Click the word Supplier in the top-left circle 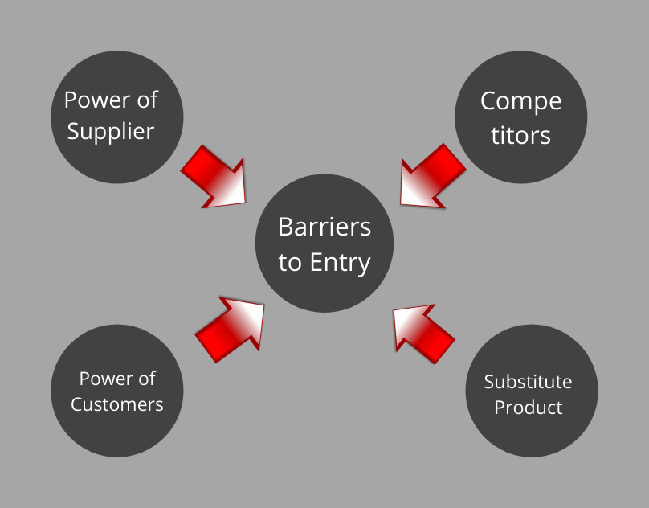tap(111, 131)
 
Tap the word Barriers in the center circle tap(324, 227)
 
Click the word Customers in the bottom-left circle tap(116, 404)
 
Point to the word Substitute tap(528, 382)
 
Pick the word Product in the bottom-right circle tap(528, 408)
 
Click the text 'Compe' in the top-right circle tap(520, 102)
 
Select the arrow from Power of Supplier tap(213, 177)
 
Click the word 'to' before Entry tap(289, 263)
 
